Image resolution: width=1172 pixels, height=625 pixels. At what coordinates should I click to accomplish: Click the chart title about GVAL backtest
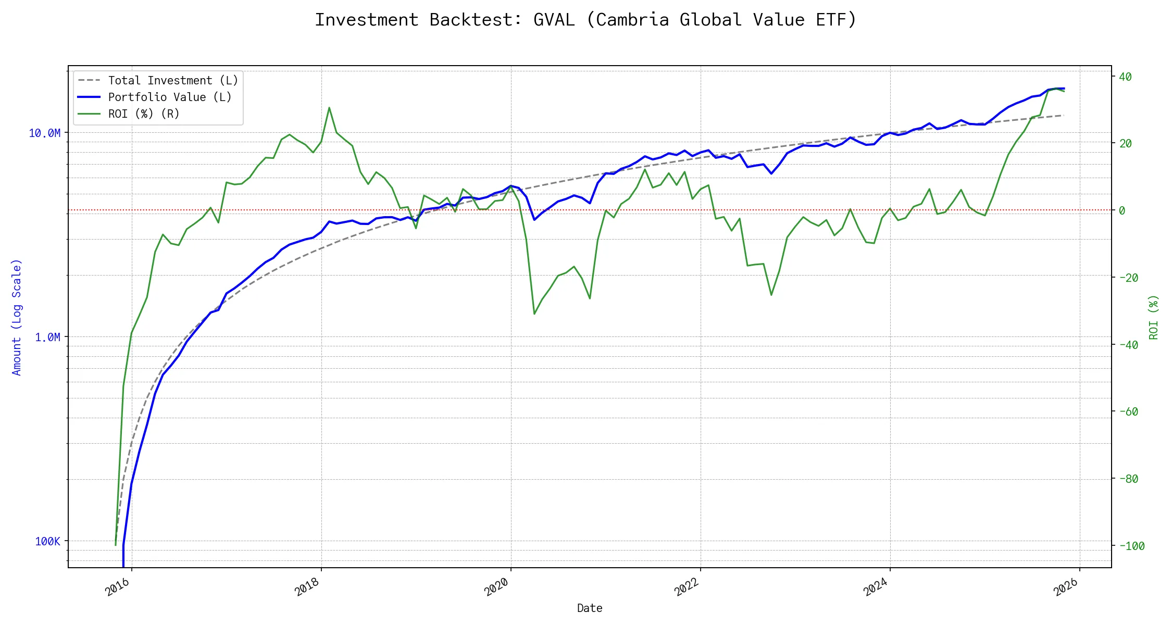tap(585, 20)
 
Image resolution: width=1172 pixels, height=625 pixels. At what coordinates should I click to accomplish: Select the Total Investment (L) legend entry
tap(172, 81)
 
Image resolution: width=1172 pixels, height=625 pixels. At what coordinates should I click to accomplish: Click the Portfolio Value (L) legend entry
tap(169, 97)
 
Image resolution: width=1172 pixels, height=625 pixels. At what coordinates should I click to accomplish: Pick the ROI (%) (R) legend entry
tap(143, 114)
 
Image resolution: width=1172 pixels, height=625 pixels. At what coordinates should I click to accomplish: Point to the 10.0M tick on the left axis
tap(45, 133)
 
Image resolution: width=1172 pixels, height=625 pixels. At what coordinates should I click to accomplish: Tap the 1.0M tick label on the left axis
tap(48, 337)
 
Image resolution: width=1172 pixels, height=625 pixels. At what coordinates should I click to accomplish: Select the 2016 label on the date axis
tap(117, 587)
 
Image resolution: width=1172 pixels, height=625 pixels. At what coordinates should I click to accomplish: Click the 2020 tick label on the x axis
tap(496, 587)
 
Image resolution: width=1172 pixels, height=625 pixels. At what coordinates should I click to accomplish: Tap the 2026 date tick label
tap(1065, 587)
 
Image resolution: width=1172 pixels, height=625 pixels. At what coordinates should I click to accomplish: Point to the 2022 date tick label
tap(686, 587)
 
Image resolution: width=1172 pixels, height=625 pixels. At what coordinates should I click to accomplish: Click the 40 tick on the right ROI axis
tap(1125, 77)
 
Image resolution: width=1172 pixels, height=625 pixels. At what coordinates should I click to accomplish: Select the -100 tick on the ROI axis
tap(1131, 546)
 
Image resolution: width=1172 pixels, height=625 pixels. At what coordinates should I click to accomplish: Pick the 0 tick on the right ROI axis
tap(1122, 211)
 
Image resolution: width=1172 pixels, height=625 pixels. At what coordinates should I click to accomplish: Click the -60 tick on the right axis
tap(1128, 412)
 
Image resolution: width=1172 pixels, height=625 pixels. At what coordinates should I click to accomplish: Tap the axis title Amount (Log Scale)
tap(17, 317)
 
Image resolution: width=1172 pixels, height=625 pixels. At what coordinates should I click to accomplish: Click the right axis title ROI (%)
tap(1154, 317)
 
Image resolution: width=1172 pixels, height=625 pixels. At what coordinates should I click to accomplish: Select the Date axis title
tap(590, 608)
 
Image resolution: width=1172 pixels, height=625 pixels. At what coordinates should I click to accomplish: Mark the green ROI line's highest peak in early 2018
tap(329, 108)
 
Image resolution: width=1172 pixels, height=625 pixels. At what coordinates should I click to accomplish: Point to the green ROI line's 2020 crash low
tap(534, 314)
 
